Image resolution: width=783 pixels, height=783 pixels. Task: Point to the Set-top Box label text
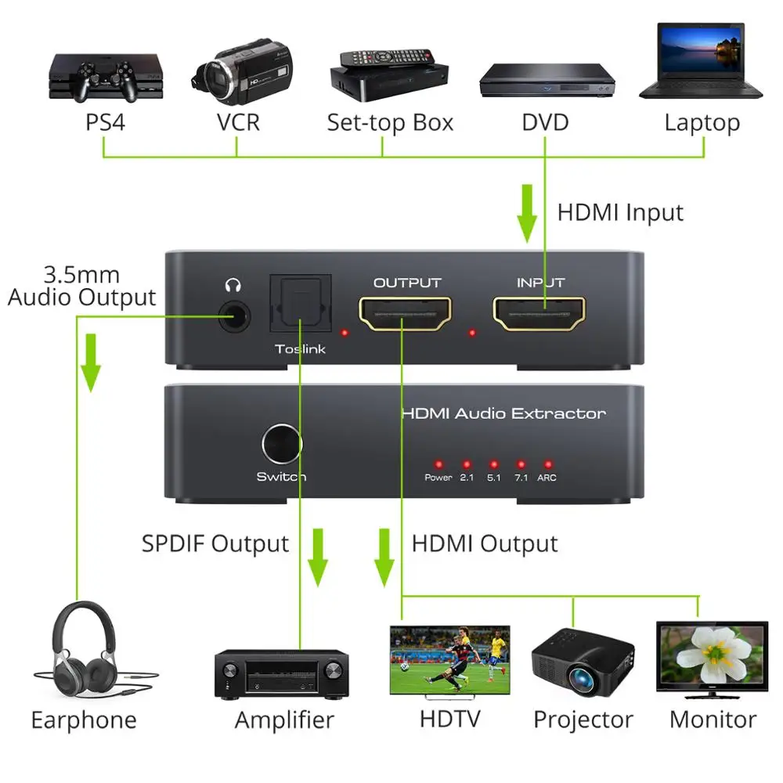(390, 123)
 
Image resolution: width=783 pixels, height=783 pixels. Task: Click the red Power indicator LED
(438, 463)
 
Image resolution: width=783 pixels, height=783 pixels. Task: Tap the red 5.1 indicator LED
(493, 463)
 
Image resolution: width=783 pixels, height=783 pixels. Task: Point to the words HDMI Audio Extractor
(503, 413)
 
